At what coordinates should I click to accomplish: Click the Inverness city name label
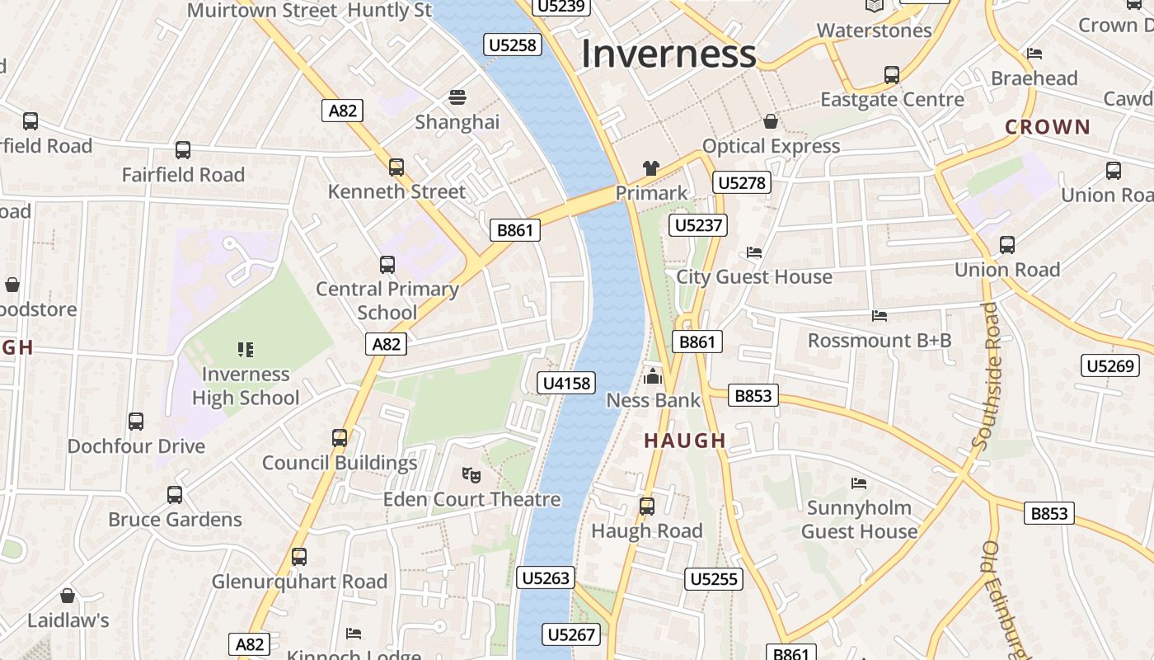668,54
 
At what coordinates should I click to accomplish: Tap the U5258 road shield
513,45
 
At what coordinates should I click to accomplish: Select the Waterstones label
874,31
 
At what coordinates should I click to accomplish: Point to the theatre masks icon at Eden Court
471,474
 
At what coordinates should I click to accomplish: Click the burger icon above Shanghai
457,97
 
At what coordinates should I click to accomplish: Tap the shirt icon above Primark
651,168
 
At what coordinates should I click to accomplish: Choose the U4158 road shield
566,383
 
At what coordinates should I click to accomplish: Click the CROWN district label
1048,127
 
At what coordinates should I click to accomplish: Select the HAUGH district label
685,441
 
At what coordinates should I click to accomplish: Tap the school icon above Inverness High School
246,350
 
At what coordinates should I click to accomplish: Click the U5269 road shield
1110,365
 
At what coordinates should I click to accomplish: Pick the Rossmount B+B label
880,340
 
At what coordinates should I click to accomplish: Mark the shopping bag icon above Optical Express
771,122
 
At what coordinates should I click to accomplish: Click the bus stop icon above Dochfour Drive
136,422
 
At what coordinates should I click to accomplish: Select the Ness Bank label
653,400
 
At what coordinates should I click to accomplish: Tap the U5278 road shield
743,182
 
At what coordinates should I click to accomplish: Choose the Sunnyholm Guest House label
859,519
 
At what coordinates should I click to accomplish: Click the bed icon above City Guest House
754,252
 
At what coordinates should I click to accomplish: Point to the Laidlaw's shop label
68,620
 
